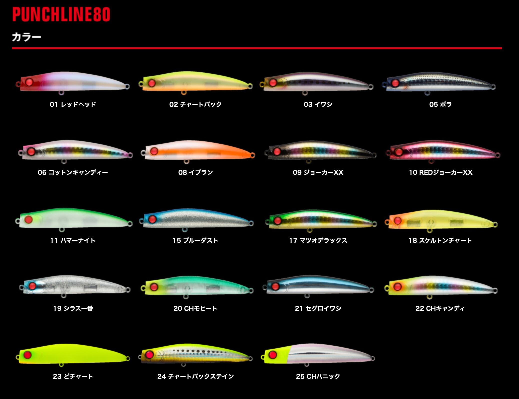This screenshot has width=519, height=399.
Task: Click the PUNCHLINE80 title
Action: (x=61, y=14)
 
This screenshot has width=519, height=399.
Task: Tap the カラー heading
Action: (x=26, y=37)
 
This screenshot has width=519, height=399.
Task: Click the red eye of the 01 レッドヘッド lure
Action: (x=29, y=82)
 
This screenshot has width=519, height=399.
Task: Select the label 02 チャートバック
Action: (x=195, y=104)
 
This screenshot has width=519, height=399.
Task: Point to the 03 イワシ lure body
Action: (x=317, y=83)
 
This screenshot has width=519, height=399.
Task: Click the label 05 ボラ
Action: (x=440, y=104)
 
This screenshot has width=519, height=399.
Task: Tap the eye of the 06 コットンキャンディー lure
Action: (x=31, y=151)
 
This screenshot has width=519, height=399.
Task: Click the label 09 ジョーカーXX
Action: (x=318, y=172)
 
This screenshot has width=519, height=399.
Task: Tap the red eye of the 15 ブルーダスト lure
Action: (x=152, y=219)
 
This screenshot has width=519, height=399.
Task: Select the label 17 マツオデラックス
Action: (x=318, y=240)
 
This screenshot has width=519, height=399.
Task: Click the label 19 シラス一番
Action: (x=73, y=308)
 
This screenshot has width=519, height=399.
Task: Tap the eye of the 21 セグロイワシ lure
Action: (x=275, y=286)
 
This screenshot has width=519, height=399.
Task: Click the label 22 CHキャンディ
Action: (x=440, y=308)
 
